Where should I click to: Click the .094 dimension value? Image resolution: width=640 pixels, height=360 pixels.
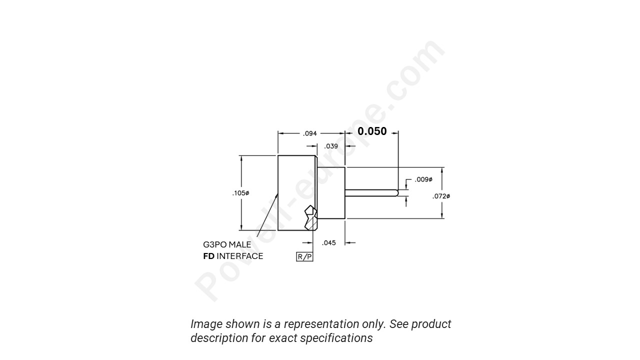[310, 133]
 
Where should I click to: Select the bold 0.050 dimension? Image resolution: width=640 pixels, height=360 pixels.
[372, 131]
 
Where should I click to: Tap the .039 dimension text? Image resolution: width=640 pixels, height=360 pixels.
[331, 146]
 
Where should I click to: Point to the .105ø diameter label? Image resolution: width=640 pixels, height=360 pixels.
[240, 193]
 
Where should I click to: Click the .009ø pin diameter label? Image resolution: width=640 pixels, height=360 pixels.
[423, 179]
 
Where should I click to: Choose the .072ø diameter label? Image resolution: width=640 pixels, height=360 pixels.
[441, 196]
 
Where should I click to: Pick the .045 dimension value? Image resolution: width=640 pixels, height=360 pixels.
[329, 243]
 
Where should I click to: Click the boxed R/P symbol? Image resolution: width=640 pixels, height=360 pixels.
[304, 257]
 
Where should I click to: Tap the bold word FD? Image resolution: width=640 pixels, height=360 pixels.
[208, 256]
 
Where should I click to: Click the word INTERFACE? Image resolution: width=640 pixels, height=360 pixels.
[239, 256]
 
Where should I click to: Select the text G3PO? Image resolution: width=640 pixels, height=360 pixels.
[214, 245]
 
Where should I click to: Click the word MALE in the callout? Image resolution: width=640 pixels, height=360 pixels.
[240, 245]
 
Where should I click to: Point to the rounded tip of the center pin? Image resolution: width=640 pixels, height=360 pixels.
[396, 192]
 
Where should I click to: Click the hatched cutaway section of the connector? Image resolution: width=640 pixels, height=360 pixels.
[310, 217]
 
